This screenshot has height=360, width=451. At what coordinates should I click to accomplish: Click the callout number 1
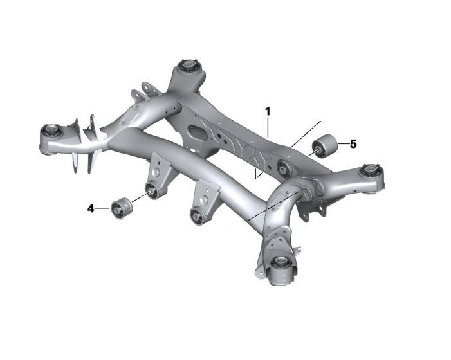point(267,111)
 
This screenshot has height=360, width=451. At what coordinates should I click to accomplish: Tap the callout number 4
point(91,208)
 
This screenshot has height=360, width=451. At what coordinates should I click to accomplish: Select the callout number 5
point(353,144)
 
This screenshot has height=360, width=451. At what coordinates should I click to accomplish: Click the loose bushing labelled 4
point(120,208)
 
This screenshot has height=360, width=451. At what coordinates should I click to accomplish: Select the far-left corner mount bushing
point(50,131)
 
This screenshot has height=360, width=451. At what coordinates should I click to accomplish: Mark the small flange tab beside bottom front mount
point(297,249)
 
